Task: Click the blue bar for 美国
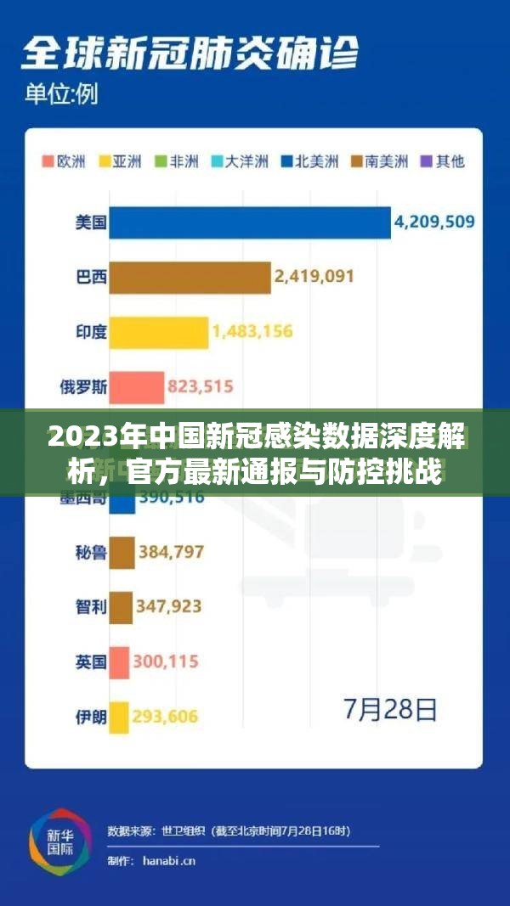point(250,222)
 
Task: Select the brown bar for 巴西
point(190,277)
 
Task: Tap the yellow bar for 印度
point(158,332)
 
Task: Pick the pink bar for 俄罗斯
point(136,387)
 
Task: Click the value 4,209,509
point(433,222)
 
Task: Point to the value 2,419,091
point(314,277)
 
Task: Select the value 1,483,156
point(252,332)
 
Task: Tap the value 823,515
point(200,387)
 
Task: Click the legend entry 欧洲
point(64,161)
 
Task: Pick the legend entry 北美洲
point(310,161)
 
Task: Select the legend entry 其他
point(444,161)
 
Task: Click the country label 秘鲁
point(91,553)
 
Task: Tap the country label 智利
point(91,607)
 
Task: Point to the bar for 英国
point(119,662)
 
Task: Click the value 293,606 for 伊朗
point(166,717)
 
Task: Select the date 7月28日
point(390,709)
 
